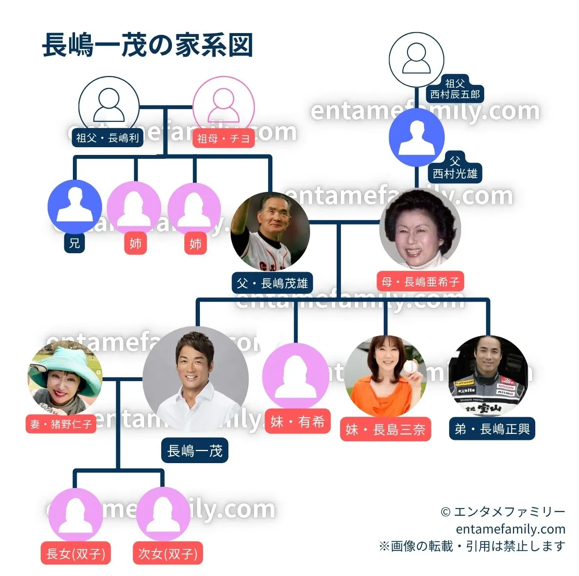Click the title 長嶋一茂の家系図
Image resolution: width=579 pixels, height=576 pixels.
(148, 45)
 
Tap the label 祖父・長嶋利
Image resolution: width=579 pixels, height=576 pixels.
(107, 138)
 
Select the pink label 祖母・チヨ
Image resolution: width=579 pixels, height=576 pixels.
(223, 139)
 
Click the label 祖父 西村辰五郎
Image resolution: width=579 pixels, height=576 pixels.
(455, 89)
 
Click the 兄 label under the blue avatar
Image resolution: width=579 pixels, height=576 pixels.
(75, 243)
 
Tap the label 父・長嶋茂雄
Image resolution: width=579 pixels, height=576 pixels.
(272, 283)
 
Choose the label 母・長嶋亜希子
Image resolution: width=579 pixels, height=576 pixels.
(420, 282)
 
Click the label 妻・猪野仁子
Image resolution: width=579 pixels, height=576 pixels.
(61, 424)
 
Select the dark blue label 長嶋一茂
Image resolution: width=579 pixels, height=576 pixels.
(195, 451)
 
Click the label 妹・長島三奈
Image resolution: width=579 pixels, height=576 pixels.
(385, 429)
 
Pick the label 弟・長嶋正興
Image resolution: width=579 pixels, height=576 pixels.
(492, 429)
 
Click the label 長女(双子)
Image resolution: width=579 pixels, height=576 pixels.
(75, 554)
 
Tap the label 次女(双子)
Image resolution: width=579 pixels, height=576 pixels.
(168, 554)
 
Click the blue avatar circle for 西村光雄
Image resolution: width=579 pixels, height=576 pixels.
(416, 137)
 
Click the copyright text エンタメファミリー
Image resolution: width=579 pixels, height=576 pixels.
(503, 512)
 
